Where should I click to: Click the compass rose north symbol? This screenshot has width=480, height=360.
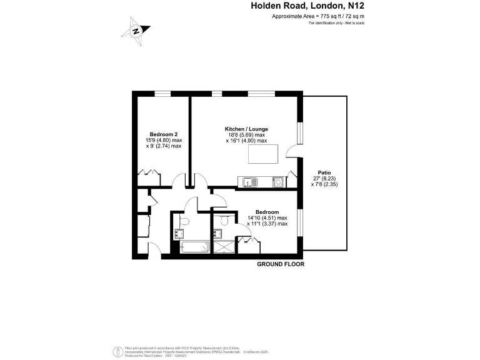tap(136, 29)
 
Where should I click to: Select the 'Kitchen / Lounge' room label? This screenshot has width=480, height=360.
tap(246, 129)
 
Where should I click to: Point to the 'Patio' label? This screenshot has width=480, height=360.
tap(324, 172)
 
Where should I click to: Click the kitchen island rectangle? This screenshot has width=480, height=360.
tap(262, 153)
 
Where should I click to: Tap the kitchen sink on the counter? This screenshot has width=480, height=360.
tap(249, 182)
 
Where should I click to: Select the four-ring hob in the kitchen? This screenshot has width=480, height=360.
tap(277, 182)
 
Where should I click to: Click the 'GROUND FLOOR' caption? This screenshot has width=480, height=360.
tap(281, 264)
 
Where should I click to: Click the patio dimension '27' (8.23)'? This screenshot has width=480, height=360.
tap(324, 178)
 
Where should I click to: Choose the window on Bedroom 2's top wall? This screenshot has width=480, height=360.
tap(163, 94)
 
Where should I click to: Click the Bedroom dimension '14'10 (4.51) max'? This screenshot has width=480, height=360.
tap(267, 217)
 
